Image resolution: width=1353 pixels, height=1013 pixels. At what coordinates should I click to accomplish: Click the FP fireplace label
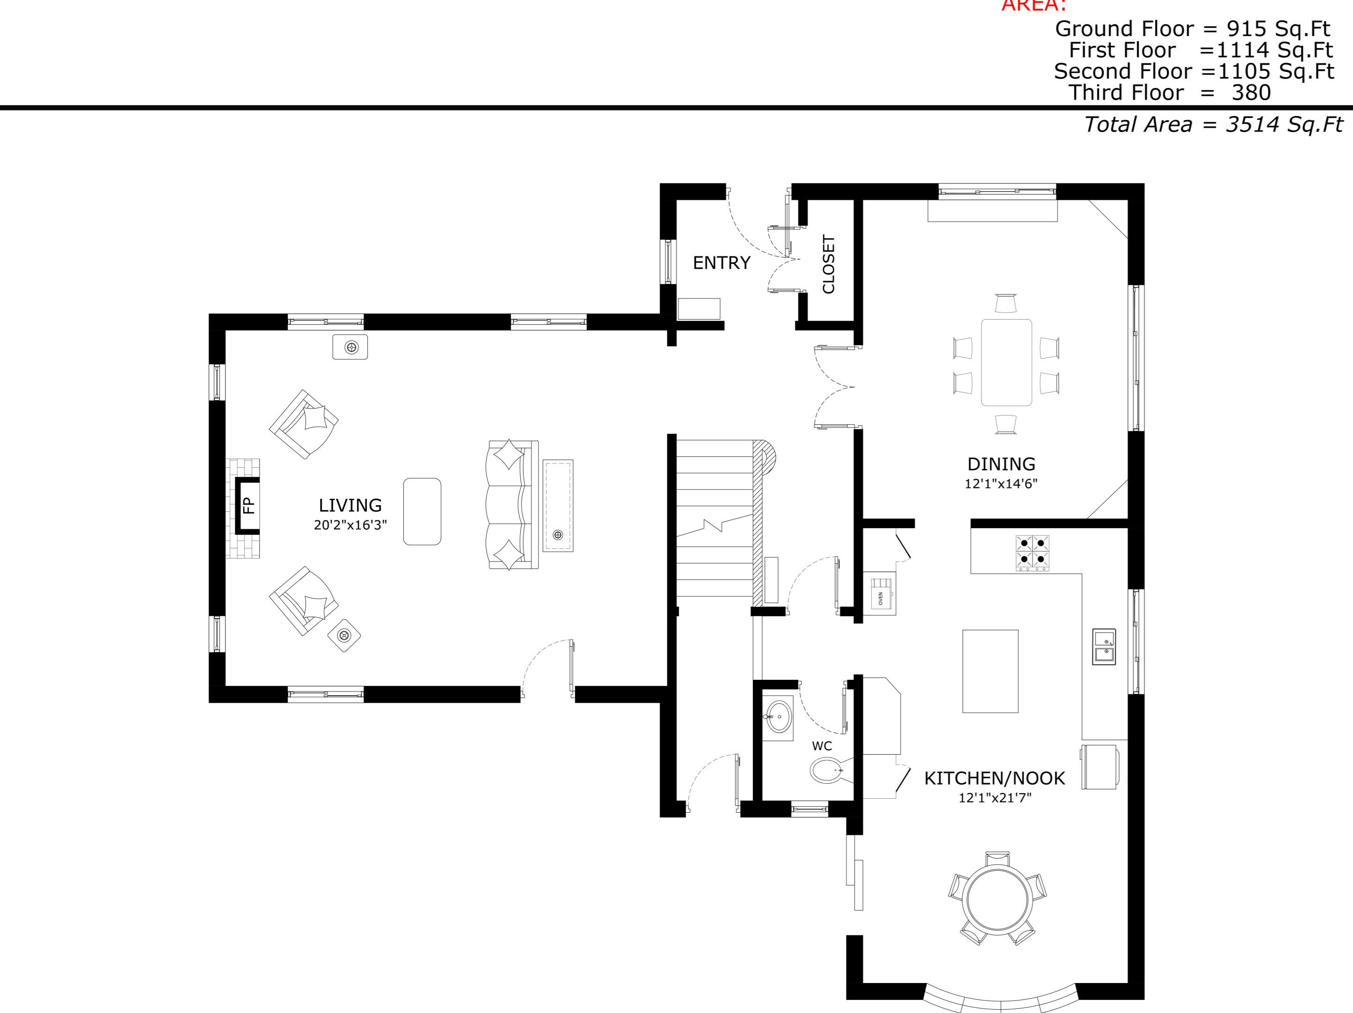point(248,505)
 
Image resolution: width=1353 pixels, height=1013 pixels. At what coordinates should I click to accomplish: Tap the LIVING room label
point(350,505)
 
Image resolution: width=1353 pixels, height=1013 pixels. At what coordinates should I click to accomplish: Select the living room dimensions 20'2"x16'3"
point(350,525)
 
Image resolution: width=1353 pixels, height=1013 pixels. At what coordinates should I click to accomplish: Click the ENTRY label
point(721,263)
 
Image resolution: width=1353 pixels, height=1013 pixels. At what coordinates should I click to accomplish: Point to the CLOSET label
point(829,264)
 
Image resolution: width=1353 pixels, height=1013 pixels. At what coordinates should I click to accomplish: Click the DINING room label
point(1001,464)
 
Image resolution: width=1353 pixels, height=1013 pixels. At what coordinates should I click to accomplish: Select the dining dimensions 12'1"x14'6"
point(1001,484)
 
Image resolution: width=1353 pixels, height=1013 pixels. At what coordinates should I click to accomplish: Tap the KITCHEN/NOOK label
point(994,779)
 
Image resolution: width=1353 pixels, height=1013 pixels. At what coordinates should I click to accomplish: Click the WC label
point(822,746)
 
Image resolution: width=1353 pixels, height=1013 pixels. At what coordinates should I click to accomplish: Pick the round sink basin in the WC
point(778,716)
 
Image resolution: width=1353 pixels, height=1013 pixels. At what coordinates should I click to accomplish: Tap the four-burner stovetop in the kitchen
point(1033,553)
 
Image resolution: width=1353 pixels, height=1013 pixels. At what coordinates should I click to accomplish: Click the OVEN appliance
point(881,593)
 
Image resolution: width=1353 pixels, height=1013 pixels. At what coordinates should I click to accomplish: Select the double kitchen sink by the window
point(1104,647)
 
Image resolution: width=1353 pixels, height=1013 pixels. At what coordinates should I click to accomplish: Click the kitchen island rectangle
point(990,671)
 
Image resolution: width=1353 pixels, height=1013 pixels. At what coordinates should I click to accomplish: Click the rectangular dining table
point(1006,362)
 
